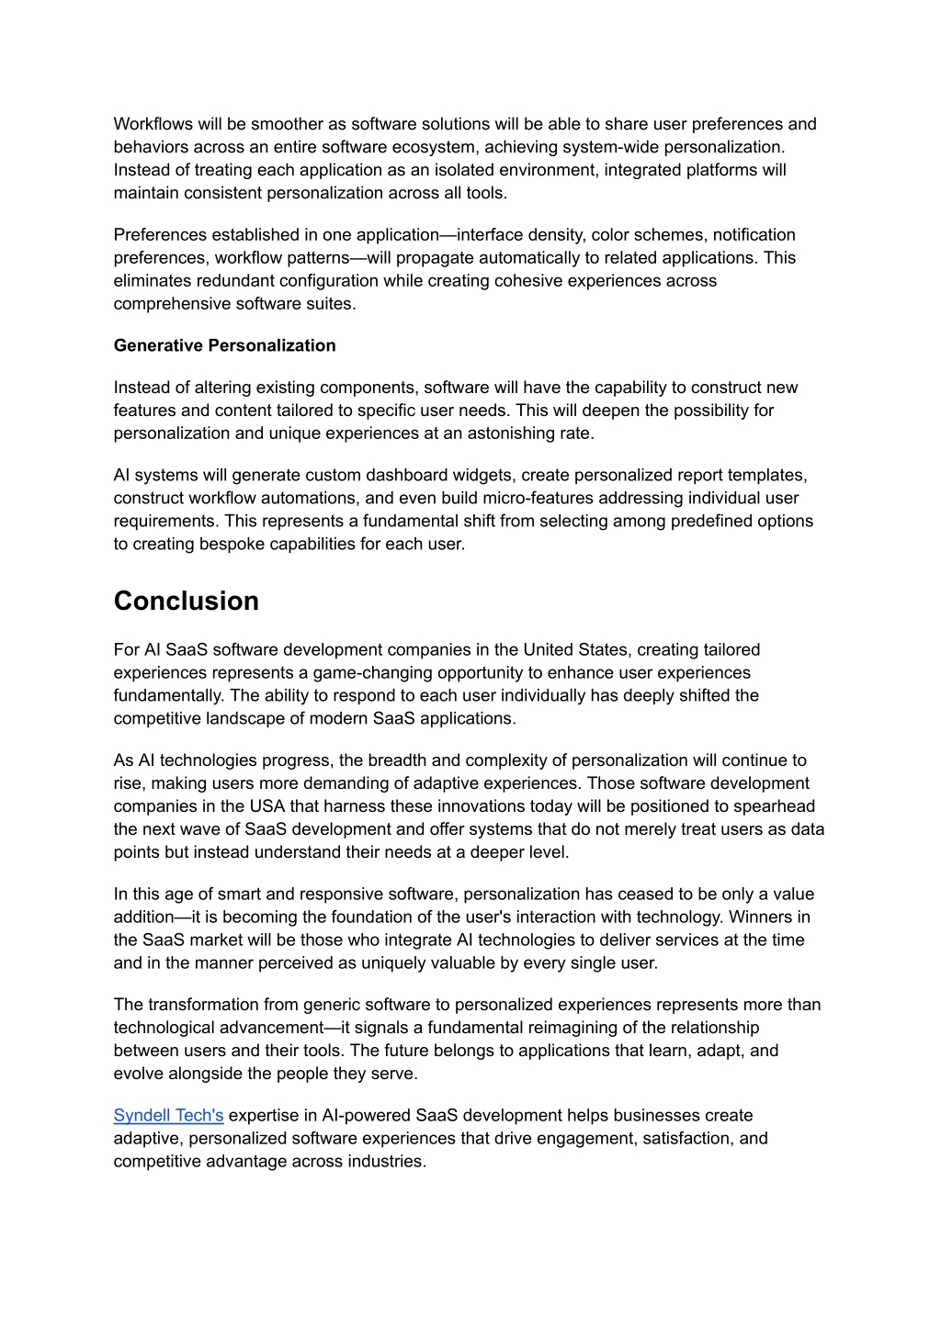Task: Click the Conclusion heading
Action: pos(187,601)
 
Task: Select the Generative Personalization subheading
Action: pos(224,345)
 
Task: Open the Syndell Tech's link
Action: pos(168,1115)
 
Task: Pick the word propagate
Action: pos(444,258)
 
